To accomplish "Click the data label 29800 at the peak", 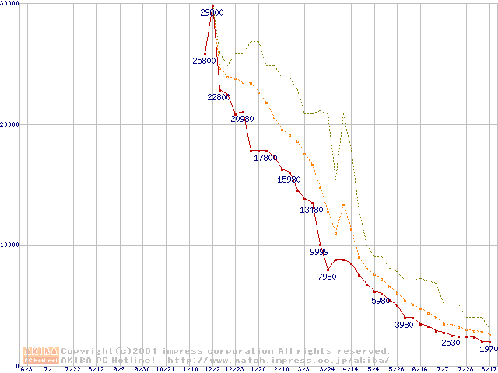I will (212, 12).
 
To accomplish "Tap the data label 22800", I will (219, 97).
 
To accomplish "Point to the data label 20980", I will (242, 119).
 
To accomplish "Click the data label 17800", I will (265, 158).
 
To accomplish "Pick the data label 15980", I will (289, 180).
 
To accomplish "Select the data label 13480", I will (312, 210).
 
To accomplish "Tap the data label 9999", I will (319, 252).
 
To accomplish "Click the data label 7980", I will (328, 276).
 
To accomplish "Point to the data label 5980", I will (382, 301).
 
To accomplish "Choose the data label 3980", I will (405, 325).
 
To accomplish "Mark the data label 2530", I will (451, 343).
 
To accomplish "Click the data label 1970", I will (488, 350).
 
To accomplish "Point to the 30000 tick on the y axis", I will (11, 4).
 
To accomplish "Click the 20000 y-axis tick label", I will (11, 124).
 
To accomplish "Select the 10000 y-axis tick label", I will (11, 245).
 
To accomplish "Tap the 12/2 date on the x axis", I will (212, 369).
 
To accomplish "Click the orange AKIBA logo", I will (40, 354).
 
